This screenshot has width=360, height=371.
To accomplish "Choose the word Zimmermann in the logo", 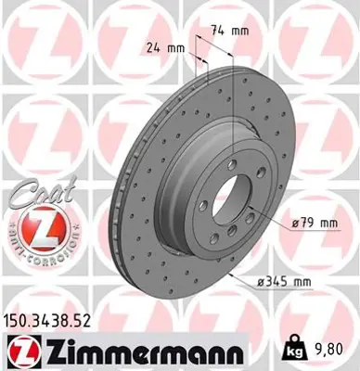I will pos(138,353).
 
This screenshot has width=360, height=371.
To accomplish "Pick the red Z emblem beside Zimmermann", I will pos(21,353).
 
